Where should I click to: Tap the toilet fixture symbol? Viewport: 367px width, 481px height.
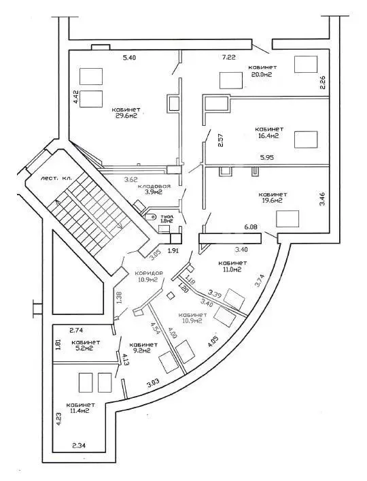pos(151,217)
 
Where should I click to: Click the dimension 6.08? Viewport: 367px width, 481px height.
pos(250,227)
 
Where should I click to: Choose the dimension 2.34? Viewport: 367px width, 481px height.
pos(80,446)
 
